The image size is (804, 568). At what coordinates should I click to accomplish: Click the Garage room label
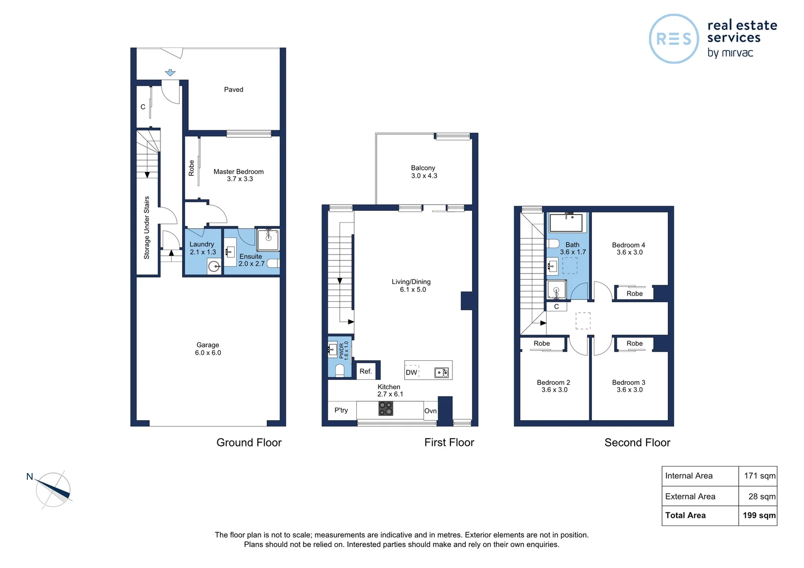pos(208,346)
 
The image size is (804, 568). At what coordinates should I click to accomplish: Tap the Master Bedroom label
pos(238,171)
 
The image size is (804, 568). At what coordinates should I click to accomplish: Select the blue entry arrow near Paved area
pos(170,73)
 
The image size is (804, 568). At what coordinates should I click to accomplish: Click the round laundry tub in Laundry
pos(214,267)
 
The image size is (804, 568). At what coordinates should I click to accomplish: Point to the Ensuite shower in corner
pos(268,240)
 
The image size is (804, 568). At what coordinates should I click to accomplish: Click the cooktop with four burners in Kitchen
pos(386,409)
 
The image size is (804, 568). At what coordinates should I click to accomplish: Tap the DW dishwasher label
pos(411,372)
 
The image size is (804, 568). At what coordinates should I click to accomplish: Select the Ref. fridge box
pos(366,371)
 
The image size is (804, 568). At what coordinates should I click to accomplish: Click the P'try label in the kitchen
pos(341,410)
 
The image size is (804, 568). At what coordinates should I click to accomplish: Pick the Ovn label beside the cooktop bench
pos(430,411)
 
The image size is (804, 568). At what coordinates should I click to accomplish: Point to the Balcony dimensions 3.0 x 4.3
pos(424,176)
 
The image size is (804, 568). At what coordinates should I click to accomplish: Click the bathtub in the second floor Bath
pos(566,222)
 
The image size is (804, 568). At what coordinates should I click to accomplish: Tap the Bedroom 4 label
pos(628,245)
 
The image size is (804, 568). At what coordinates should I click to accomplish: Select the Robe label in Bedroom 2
pos(541,343)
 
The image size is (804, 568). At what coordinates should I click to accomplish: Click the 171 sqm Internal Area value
pos(759,476)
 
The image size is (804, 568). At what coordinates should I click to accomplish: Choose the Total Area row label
pos(685,515)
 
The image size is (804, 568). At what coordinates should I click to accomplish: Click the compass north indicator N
pos(30,476)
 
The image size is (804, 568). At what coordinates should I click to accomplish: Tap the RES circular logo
pos(674,39)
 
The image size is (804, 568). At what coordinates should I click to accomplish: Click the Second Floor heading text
pos(637,443)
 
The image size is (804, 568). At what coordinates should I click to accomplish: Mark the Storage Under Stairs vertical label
pos(147,228)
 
